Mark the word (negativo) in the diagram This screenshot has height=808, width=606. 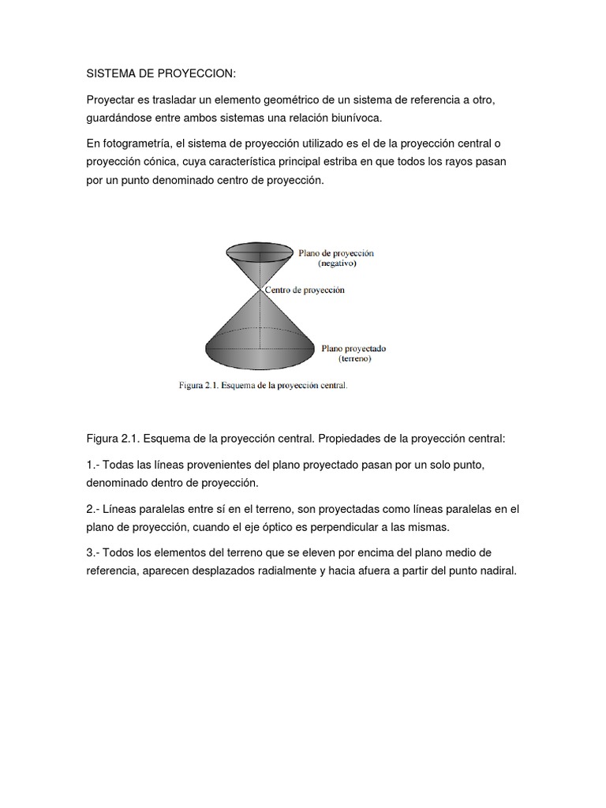click(x=337, y=264)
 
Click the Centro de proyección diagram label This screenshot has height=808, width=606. click(x=304, y=290)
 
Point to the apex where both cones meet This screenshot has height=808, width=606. click(x=259, y=289)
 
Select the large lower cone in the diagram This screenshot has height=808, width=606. click(x=260, y=331)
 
